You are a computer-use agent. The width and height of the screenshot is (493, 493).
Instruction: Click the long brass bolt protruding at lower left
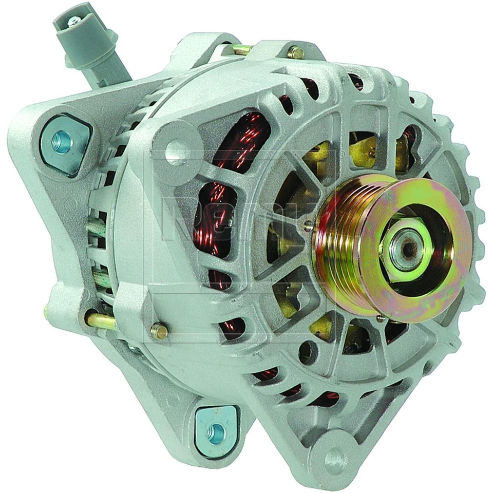(x=100, y=321)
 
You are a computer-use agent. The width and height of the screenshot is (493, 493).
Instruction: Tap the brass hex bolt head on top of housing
(x=297, y=52)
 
